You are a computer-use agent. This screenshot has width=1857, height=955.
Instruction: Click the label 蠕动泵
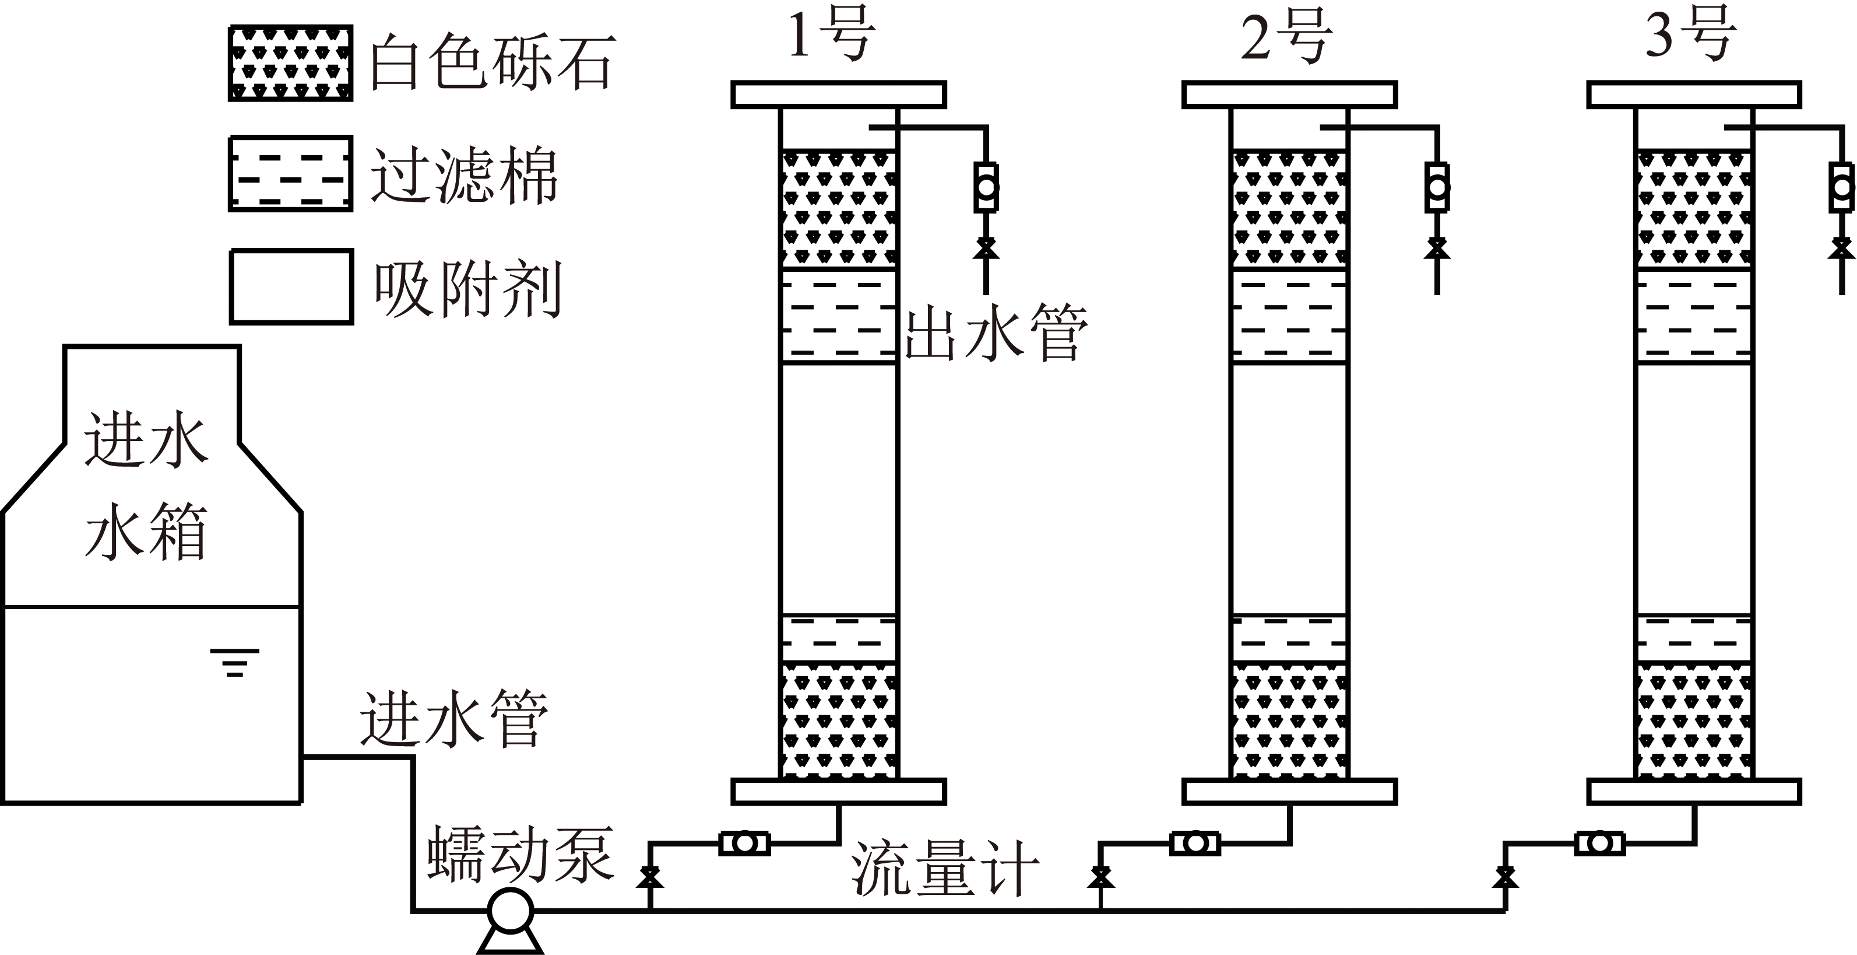520,855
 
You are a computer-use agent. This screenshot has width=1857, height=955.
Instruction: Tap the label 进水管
454,719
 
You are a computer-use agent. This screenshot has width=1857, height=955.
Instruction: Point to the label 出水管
996,333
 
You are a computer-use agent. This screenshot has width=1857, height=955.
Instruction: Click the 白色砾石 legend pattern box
290,63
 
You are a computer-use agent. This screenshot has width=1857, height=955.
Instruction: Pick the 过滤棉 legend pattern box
290,174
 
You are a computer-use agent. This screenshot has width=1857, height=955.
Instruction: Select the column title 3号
1690,36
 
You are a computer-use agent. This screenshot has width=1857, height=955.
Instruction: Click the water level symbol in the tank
234,662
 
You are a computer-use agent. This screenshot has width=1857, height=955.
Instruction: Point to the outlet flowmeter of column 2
1437,187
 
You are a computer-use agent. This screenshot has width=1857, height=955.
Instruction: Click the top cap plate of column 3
1693,95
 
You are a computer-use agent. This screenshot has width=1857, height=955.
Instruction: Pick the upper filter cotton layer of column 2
1289,315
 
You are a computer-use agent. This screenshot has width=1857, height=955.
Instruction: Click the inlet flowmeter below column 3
1599,843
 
